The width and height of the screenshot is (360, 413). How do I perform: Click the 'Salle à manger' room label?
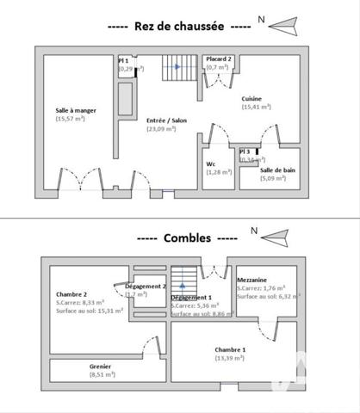tap(74, 110)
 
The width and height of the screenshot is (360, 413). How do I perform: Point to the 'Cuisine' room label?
tap(251, 100)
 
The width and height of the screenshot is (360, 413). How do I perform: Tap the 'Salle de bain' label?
tap(278, 170)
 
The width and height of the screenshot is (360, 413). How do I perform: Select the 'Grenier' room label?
tap(101, 367)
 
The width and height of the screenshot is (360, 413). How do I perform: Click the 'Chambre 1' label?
tap(230, 348)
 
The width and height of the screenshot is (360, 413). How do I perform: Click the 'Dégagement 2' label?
tap(145, 286)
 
